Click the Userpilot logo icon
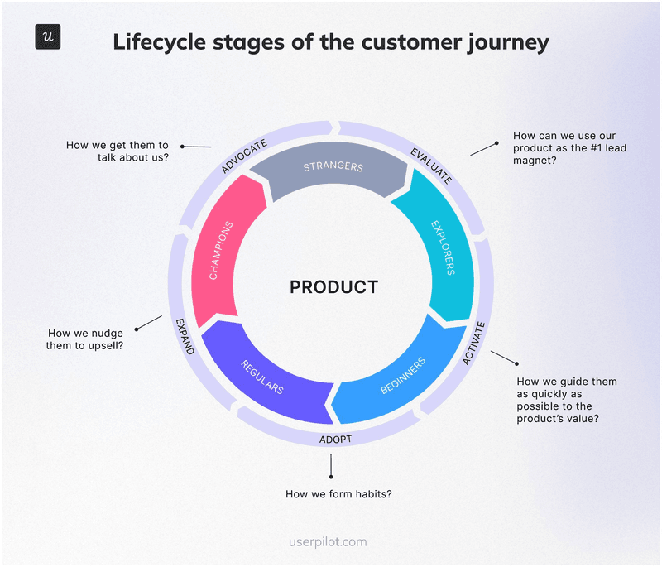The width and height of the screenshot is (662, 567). coord(48,37)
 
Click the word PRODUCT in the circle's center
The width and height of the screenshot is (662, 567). coord(333,287)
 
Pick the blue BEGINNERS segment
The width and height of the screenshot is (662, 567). coord(404,376)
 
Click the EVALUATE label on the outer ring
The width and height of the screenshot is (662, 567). coord(431,164)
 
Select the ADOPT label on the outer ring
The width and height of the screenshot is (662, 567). coord(335,439)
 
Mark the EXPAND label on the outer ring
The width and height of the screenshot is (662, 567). coord(185,335)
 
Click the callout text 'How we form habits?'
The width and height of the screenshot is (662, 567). coord(338,494)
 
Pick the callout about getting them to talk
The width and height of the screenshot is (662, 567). coord(118,151)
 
